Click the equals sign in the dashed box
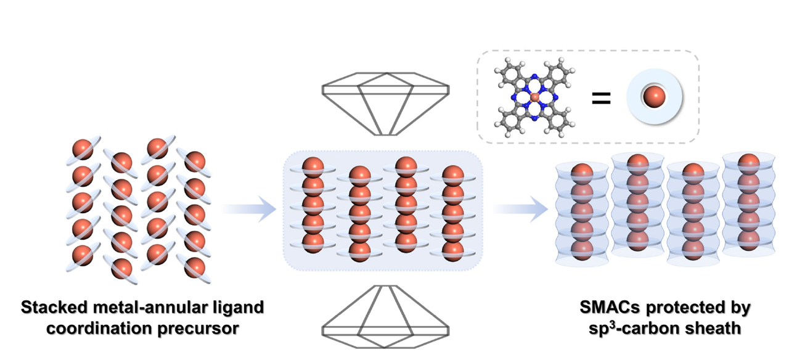tap(601, 98)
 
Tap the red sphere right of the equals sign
tap(654, 96)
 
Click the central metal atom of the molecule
tap(534, 97)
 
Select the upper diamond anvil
tap(385, 104)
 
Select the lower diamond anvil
tap(385, 317)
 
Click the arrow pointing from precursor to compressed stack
tap(249, 209)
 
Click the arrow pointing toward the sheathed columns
tap(520, 209)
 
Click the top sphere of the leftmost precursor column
tap(83, 149)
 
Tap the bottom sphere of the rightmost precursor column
tap(195, 268)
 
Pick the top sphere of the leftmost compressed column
tap(313, 168)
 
